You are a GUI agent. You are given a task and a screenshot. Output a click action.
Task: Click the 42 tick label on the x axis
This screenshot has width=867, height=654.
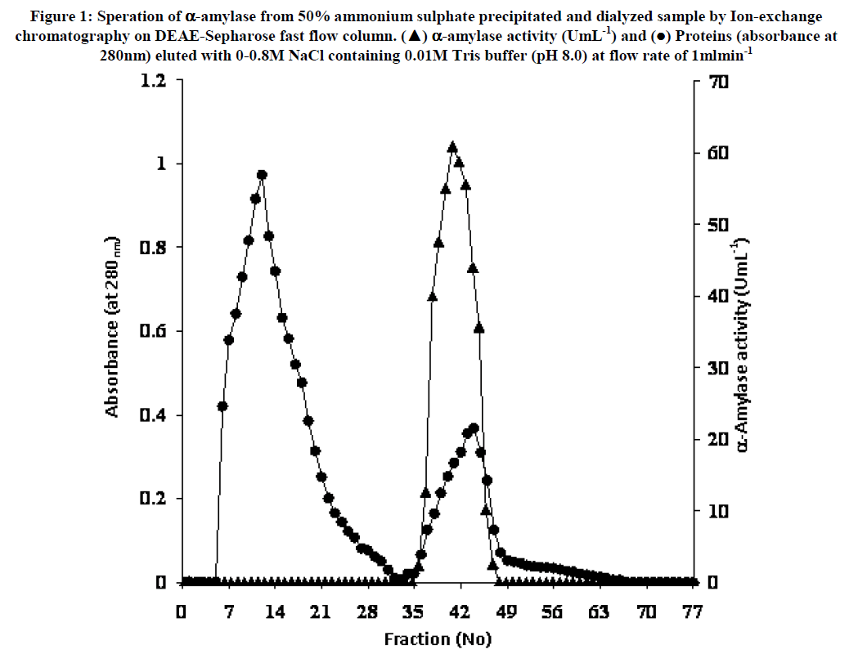point(460,611)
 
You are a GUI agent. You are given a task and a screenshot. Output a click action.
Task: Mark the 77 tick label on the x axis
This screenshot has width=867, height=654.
point(694,611)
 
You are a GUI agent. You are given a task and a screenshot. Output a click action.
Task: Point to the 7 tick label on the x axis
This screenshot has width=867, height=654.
point(228,611)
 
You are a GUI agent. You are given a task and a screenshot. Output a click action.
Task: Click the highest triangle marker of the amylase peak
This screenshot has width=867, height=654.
point(452,147)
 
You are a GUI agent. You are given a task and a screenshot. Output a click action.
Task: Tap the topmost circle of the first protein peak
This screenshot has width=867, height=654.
point(262,175)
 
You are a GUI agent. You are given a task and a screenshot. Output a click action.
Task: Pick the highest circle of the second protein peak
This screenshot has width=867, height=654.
point(474,428)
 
